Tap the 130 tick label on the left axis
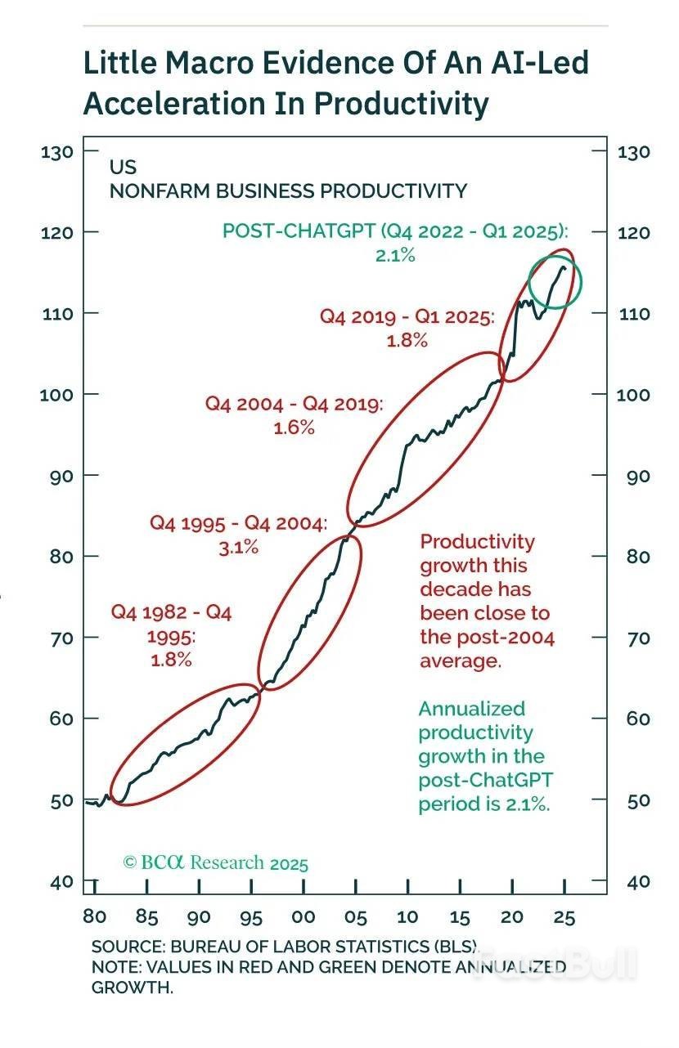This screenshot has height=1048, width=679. coord(59,151)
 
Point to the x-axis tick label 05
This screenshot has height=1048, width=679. coord(356,917)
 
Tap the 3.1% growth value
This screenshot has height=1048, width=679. coord(239,548)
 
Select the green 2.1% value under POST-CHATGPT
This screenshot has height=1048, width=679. coord(395,256)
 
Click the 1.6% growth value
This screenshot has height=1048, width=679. coord(295,428)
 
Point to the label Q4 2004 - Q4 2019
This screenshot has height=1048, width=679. coord(293,404)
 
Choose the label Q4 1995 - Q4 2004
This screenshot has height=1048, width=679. coord(238,523)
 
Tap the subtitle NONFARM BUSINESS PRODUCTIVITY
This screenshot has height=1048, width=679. coord(288,191)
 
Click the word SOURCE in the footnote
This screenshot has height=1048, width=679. coord(126,947)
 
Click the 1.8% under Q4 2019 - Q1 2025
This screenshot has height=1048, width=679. coord(407,341)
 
